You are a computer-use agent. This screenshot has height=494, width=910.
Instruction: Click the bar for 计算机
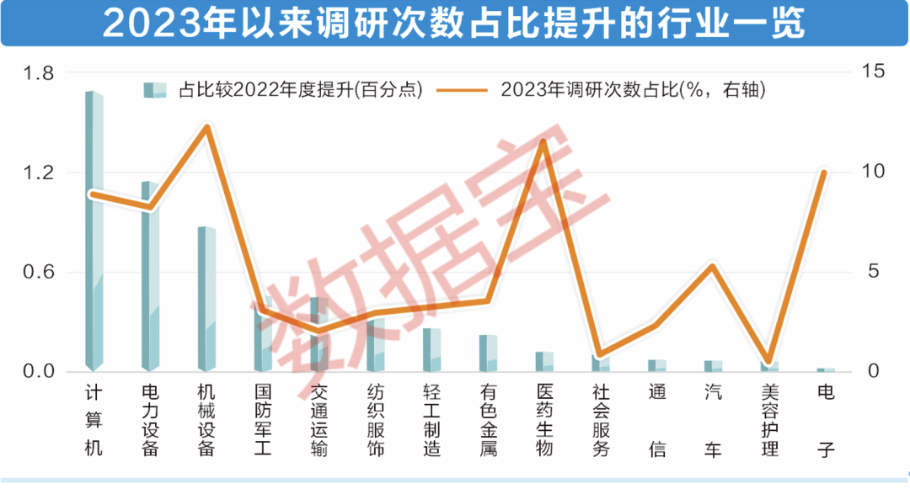pos(94,231)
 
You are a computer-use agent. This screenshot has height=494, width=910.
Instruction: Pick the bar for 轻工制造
pos(431,350)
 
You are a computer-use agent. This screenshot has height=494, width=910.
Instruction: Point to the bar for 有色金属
pos(488,353)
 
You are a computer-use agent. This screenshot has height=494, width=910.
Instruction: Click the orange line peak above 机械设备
pos(207,128)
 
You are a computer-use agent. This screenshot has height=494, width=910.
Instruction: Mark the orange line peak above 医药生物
pos(543,141)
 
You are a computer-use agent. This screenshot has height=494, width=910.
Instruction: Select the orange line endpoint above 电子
pos(824,173)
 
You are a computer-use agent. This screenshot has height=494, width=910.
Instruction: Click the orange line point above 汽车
pos(713,267)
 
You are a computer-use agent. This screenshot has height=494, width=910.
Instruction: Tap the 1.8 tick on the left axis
pos(39,73)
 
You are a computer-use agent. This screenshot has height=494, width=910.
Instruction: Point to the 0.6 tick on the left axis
pos(39,272)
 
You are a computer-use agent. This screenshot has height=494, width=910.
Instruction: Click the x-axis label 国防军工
pos(263,420)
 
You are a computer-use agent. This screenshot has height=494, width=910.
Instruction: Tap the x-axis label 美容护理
pos(768,420)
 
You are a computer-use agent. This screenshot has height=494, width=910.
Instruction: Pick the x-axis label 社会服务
pos(600,420)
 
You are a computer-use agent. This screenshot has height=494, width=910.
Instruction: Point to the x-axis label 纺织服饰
pos(375,420)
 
